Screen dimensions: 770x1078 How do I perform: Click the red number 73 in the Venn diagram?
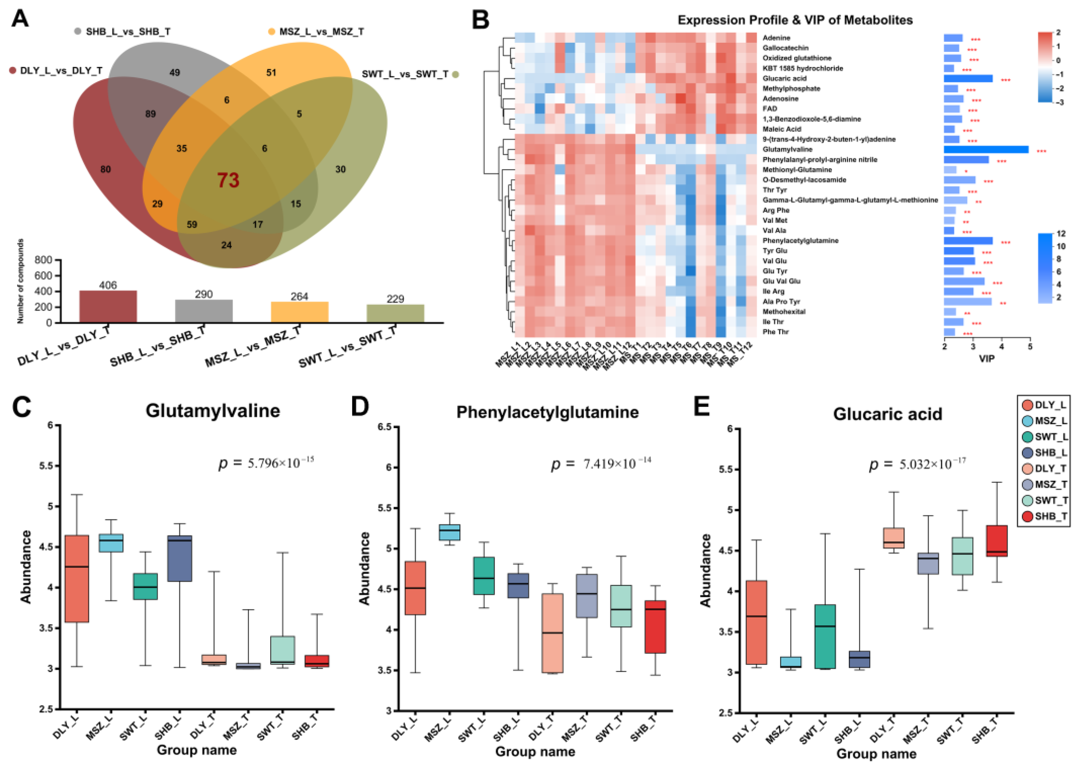(228, 180)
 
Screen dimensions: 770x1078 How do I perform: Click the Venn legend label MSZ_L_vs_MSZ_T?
(321, 32)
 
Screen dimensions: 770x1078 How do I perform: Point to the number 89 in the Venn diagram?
(150, 114)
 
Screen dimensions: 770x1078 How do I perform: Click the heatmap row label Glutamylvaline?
(787, 149)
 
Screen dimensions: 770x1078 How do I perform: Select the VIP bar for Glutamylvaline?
(986, 149)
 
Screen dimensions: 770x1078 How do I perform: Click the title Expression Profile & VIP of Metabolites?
(795, 20)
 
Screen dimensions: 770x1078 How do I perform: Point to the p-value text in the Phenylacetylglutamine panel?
(601, 463)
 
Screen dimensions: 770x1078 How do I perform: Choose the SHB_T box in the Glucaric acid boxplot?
(996, 541)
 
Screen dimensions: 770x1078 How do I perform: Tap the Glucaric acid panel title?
(887, 414)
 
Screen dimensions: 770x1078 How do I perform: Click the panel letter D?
(360, 406)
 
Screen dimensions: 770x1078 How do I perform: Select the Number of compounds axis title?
(21, 281)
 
